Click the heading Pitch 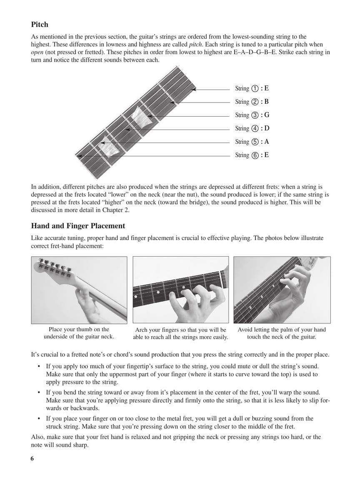tap(40, 25)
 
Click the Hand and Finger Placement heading tap(78, 226)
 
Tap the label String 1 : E tap(252, 88)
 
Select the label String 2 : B tap(252, 102)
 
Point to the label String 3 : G tap(252, 115)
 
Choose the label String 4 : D tap(252, 128)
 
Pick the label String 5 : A tap(252, 142)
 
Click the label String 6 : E tap(252, 155)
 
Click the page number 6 tap(32, 459)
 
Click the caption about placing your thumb tap(79, 333)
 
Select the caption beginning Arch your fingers tap(180, 333)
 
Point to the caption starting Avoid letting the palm tap(282, 333)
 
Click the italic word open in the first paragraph tap(38, 52)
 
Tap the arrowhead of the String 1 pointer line tap(194, 89)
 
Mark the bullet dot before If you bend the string tap(38, 392)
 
